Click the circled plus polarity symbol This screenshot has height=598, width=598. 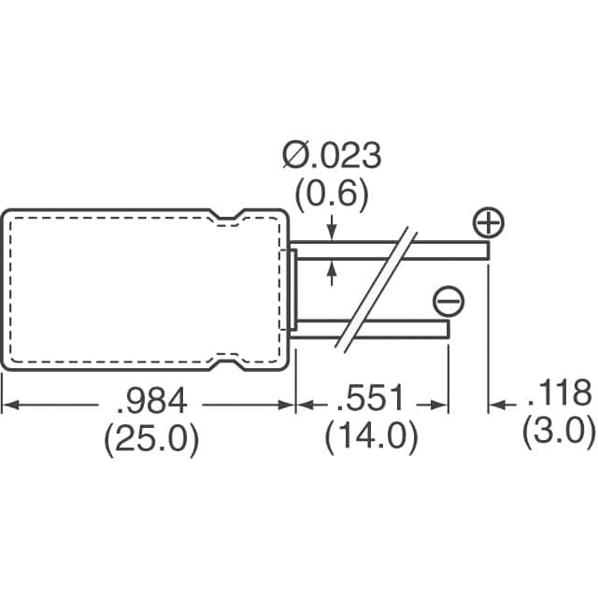click(489, 222)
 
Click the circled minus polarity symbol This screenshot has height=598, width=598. click(448, 301)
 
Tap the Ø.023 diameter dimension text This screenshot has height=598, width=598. click(332, 155)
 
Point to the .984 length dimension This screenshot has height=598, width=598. click(151, 400)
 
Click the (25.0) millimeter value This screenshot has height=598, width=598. click(151, 439)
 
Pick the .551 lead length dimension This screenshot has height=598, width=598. click(369, 398)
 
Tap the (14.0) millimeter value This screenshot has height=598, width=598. click(371, 437)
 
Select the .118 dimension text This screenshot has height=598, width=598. click(560, 392)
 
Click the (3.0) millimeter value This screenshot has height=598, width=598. click(559, 431)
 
